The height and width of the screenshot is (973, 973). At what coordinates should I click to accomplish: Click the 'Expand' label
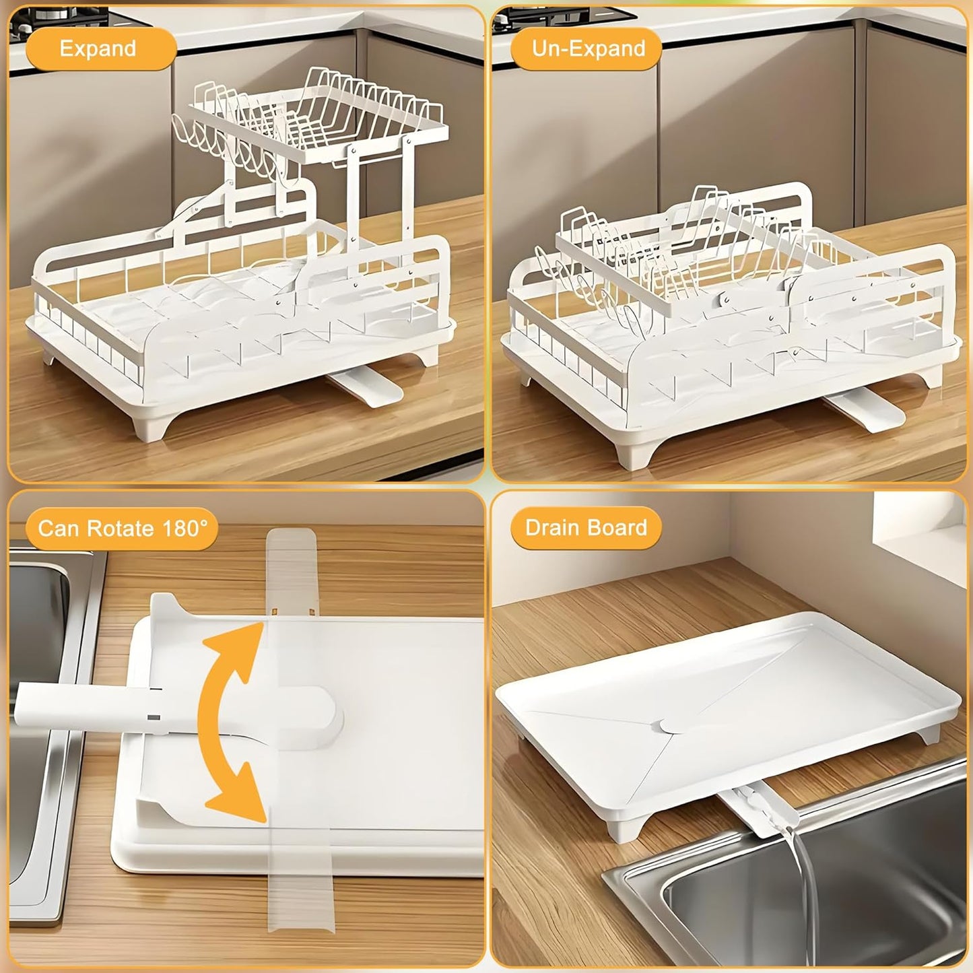click(x=98, y=48)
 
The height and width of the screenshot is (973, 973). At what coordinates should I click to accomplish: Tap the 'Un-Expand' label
click(x=588, y=48)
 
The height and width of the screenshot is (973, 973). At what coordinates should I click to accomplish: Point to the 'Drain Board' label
click(x=586, y=527)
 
